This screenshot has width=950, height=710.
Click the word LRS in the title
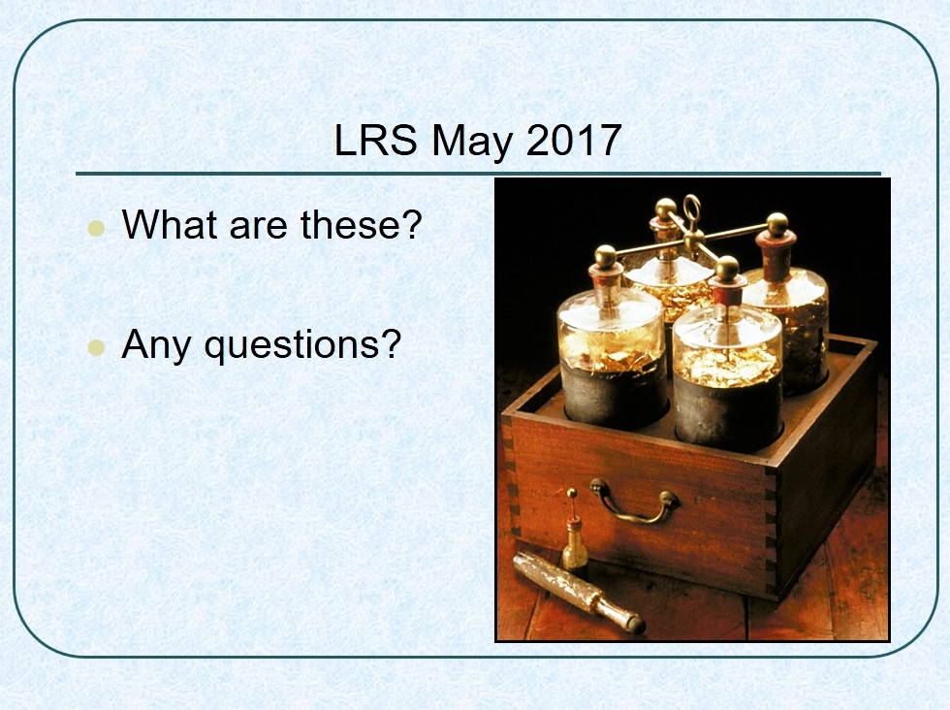[x=376, y=140]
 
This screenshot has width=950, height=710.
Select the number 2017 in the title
[x=574, y=140]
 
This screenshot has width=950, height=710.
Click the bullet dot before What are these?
[x=96, y=228]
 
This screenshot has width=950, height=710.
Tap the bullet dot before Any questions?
[x=96, y=347]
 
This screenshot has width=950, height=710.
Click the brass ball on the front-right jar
[x=727, y=268]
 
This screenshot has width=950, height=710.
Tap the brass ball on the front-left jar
[x=605, y=257]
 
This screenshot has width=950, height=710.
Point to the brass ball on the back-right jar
[x=777, y=224]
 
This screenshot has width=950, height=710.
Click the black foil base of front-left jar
[x=613, y=394]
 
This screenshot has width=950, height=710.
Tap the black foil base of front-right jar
[x=728, y=412]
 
